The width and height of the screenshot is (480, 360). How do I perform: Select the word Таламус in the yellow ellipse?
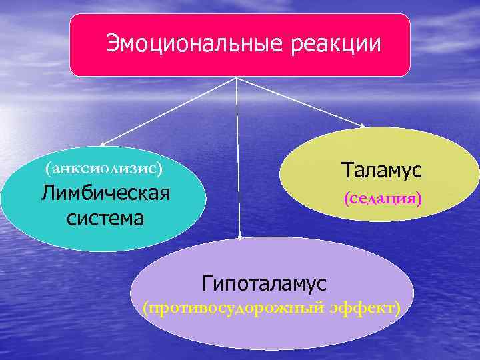381,170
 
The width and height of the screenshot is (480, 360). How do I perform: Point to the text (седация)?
383,199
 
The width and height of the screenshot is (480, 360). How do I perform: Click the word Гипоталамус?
265,283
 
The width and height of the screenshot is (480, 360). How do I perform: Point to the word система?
105,217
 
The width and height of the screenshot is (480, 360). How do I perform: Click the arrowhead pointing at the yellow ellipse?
363,125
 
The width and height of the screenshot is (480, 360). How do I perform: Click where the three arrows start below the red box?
236,77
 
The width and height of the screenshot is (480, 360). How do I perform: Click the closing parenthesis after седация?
419,199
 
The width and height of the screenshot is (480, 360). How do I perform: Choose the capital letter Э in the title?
112,44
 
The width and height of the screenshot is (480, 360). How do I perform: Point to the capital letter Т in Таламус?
347,170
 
